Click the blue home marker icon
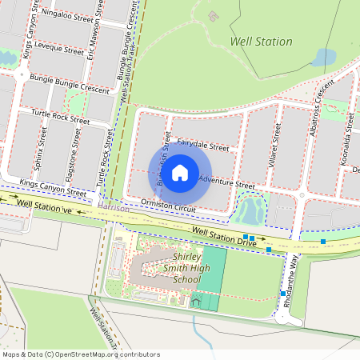[x=180, y=172]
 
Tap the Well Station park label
[x=261, y=42]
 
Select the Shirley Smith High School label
[x=186, y=269]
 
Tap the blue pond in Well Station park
[x=324, y=58]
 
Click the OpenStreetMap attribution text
[x=80, y=354]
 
